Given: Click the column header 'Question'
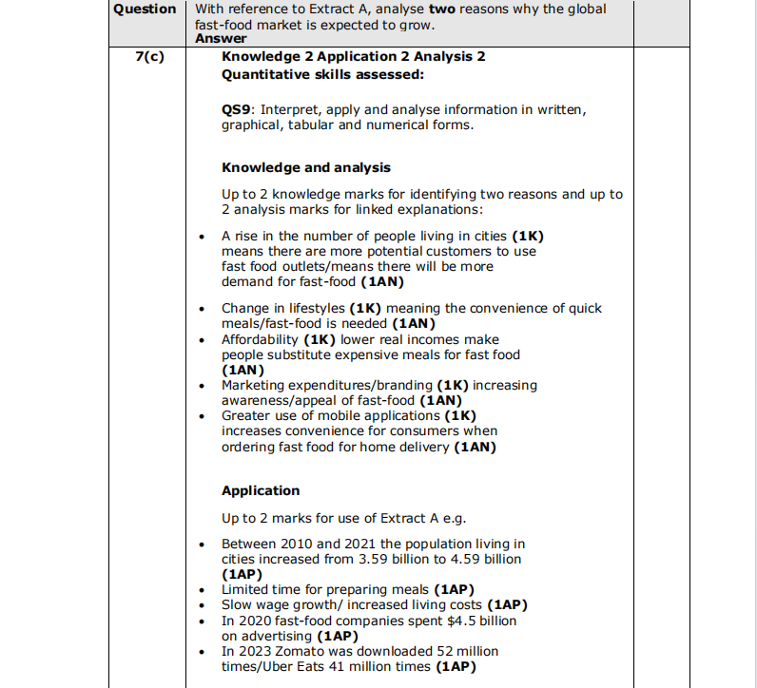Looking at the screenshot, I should click(x=145, y=10).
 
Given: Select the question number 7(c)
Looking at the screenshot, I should click(x=148, y=56).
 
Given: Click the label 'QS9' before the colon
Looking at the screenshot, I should click(x=237, y=110).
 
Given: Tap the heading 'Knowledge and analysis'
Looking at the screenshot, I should click(x=305, y=167).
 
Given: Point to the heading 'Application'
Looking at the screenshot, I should click(x=260, y=490).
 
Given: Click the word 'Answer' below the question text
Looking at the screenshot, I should click(x=220, y=38).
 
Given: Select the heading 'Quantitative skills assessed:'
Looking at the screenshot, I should click(x=322, y=74).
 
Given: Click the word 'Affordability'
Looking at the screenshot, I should click(x=260, y=339).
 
